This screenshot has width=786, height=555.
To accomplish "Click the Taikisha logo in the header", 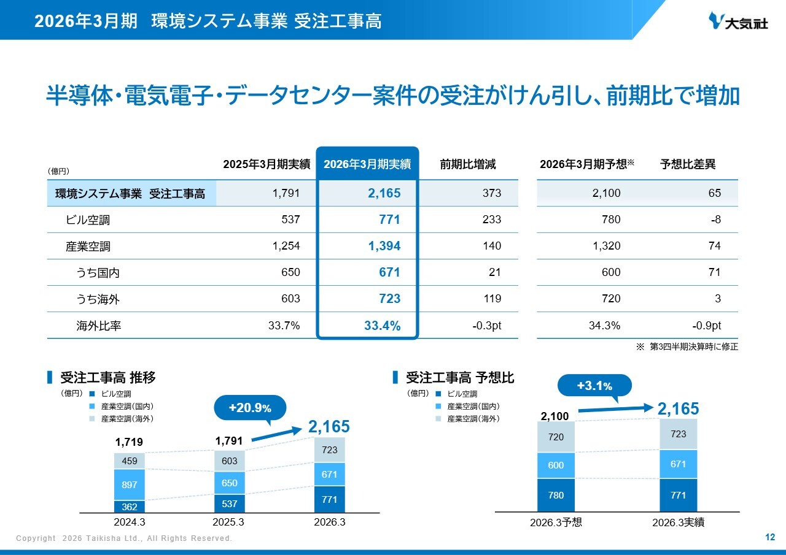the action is point(737,21).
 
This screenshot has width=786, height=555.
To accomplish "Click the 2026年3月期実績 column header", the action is point(367,164).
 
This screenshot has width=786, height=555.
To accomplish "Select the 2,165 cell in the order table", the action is point(384,193).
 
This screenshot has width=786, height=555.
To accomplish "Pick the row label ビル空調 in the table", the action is point(88,220).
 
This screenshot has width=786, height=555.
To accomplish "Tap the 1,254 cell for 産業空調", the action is point(286,246).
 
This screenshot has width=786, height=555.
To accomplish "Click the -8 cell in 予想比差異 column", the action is point(716,220).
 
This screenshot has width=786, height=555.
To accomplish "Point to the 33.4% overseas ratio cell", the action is point(382,326).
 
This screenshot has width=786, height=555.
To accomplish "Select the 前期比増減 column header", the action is point(468,164).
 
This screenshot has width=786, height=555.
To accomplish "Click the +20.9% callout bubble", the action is point(250,407).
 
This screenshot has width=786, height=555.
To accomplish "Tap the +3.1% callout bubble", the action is point(594,385).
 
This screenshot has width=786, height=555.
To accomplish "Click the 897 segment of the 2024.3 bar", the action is point(130,484).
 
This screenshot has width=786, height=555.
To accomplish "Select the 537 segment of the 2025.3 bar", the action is point(230,503).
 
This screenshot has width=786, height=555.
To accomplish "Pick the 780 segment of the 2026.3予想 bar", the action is point(556,495).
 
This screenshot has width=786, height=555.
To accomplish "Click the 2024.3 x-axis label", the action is point(130,522).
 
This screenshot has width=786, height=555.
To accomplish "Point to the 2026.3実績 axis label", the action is point(679,522).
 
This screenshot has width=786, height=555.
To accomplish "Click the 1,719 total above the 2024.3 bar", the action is point(129,442).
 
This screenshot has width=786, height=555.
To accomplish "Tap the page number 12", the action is point(770,537).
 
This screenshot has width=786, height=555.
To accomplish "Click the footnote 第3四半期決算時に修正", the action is point(694,346).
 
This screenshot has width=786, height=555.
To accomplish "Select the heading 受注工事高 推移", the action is point(107,377).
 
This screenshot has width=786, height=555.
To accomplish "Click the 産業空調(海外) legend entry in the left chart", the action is point(122,419).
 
